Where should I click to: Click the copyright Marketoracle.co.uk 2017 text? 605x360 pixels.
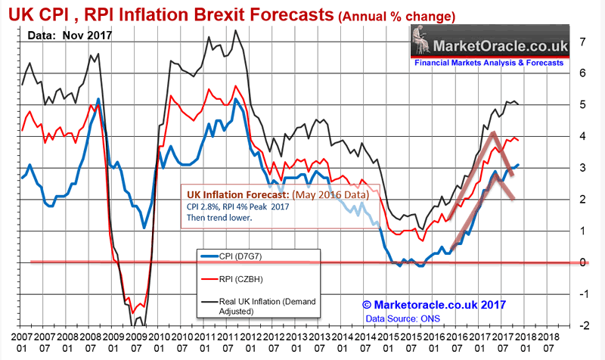coord(433,306)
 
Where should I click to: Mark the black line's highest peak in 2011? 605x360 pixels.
coord(235,31)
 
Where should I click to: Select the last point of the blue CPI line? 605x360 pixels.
coord(518,165)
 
